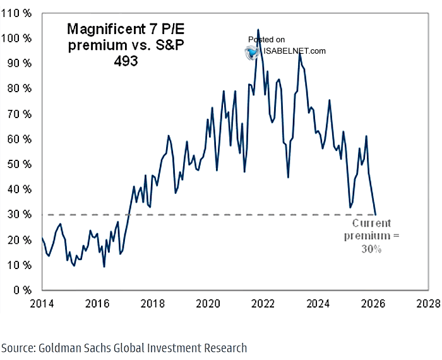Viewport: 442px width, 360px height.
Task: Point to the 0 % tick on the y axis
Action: [21, 291]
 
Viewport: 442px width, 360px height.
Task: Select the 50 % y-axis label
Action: [19, 164]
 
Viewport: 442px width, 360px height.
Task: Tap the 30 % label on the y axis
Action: [19, 215]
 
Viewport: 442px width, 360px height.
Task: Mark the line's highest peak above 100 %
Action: [258, 30]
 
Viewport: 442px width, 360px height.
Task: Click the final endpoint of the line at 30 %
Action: [376, 215]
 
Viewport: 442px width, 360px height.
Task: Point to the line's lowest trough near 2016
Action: [104, 266]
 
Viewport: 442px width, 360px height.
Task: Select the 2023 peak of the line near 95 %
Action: [299, 53]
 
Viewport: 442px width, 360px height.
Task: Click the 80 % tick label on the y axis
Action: [19, 88]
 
